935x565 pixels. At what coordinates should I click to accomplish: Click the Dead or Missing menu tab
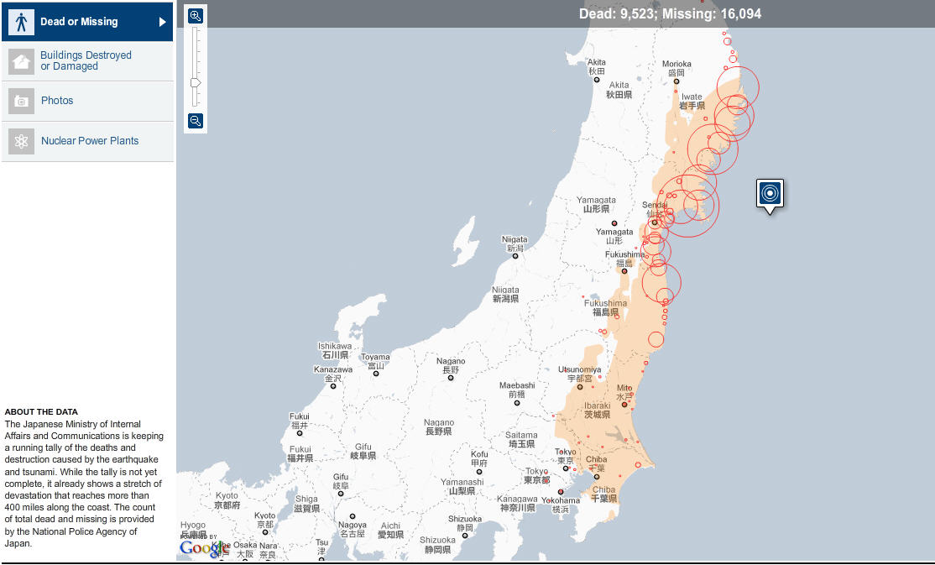coord(87,22)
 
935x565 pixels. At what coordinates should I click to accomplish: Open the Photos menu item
coord(57,101)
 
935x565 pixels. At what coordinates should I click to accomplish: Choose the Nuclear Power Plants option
coord(89,141)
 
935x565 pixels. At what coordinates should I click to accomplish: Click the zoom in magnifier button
coord(196,16)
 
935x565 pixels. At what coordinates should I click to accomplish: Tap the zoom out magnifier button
coord(196,121)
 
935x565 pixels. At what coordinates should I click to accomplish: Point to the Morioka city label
coord(676,64)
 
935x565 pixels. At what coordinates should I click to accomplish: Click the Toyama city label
coord(375,358)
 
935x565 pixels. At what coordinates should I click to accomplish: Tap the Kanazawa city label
coord(333,370)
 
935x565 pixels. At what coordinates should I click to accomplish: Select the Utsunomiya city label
coord(579,369)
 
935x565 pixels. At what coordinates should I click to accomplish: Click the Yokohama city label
coord(561,500)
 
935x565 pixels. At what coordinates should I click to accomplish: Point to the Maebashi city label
coord(517,386)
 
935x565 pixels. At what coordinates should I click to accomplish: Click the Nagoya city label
coord(353,526)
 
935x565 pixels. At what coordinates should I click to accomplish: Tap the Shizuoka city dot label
coord(465,519)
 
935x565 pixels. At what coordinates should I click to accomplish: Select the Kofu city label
coord(479,455)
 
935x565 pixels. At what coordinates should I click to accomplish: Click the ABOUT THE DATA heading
coord(41,412)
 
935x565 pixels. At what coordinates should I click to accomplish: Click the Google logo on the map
coord(202,548)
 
